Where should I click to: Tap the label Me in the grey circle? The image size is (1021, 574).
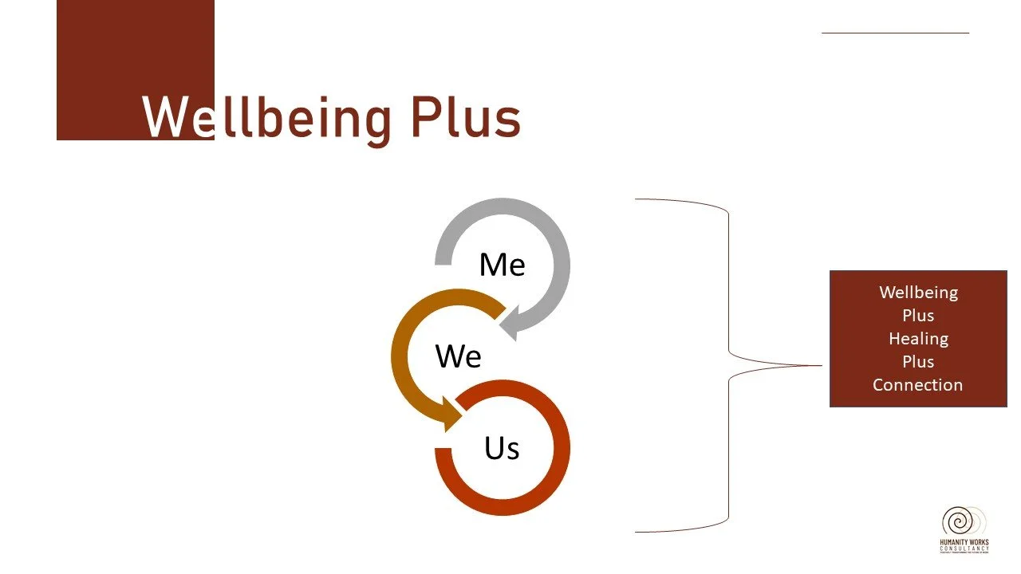coord(502,265)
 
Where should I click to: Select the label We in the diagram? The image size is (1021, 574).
coord(458,356)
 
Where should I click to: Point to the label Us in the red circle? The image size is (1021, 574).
coord(502,448)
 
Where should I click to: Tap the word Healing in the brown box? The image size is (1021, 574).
coord(918,339)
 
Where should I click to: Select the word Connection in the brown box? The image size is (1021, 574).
coord(917,385)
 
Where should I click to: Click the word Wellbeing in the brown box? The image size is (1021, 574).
coord(918,293)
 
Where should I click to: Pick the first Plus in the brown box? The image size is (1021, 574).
coord(918,316)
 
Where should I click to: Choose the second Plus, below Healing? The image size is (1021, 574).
coord(918,362)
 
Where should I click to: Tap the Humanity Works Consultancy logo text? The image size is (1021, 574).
coord(964,546)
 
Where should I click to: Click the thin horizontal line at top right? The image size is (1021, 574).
coord(895,33)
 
